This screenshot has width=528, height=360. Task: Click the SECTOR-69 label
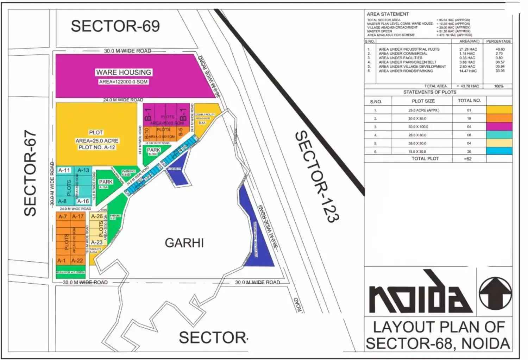tap(115, 26)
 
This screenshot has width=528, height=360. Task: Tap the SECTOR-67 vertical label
tap(30, 173)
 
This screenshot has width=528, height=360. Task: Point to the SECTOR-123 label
tap(317, 176)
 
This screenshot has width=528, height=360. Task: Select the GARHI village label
tap(184, 243)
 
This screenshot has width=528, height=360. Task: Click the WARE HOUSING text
tap(124, 72)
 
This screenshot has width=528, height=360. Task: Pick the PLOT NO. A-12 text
tap(96, 147)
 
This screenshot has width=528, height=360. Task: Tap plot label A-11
tap(64, 170)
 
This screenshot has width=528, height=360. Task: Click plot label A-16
tap(83, 201)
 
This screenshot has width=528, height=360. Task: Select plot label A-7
tap(63, 216)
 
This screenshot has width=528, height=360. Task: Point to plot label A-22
tap(77, 261)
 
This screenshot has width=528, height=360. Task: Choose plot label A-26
tap(97, 216)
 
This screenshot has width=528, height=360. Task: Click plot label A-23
tap(96, 242)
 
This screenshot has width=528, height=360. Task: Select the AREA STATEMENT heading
tap(388, 14)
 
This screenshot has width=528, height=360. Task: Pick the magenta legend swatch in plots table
tap(499, 127)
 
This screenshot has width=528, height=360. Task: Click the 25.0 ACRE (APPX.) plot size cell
tap(423, 110)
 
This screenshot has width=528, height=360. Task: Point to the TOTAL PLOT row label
tap(425, 159)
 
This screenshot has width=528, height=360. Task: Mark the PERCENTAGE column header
tap(498, 41)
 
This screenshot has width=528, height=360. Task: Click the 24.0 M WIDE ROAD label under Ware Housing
tap(123, 100)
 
